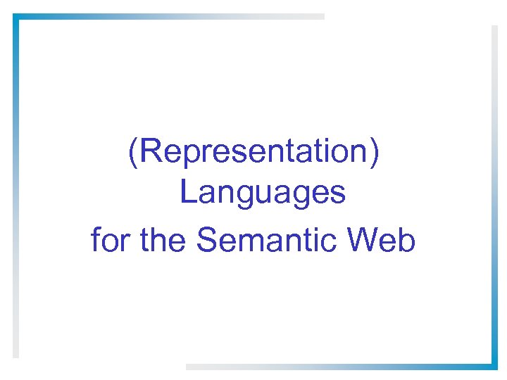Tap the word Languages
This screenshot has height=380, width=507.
coord(263,192)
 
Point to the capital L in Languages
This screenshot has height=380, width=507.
coord(187,192)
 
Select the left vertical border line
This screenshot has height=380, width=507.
coord(15,183)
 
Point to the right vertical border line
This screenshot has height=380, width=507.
coord(494,197)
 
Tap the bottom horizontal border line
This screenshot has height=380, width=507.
coord(338,366)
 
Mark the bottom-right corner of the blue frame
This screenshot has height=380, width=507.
coord(494,365)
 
